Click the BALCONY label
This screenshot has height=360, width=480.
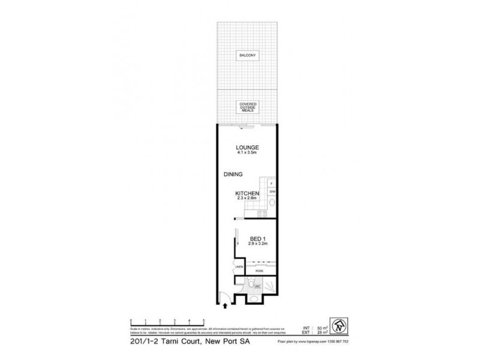(x=247, y=55)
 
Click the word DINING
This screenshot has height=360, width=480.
(x=233, y=175)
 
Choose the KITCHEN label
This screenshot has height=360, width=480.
(x=247, y=193)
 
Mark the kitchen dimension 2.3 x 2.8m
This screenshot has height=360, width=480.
(x=247, y=198)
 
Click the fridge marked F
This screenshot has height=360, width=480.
(x=272, y=182)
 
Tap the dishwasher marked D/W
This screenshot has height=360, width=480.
(x=272, y=191)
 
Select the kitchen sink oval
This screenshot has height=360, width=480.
(x=271, y=203)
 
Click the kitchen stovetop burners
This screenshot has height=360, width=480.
(x=262, y=214)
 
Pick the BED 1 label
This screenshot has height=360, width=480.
(x=257, y=239)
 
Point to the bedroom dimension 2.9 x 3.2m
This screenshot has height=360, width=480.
(x=257, y=245)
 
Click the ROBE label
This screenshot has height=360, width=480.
(x=259, y=271)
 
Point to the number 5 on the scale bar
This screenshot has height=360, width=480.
(x=204, y=319)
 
